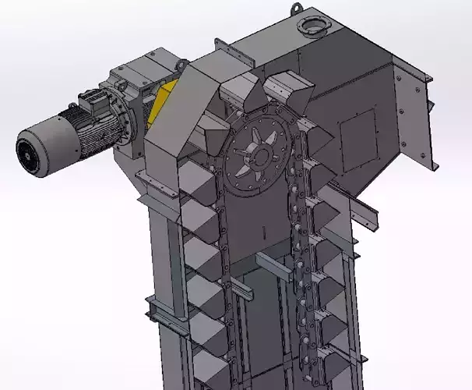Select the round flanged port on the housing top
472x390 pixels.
coord(315,27)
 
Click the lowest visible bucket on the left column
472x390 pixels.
coord(210,367)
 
